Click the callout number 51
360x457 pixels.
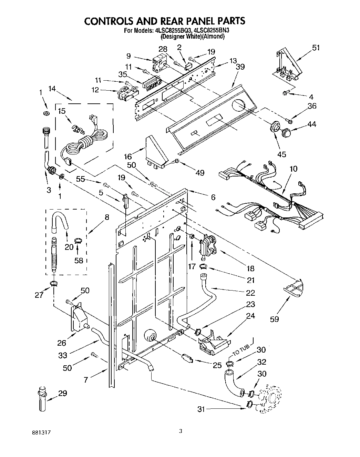pyautogui.click(x=316, y=48)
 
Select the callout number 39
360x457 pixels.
pyautogui.click(x=240, y=67)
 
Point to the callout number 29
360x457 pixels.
pyautogui.click(x=62, y=393)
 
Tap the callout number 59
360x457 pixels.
pyautogui.click(x=274, y=319)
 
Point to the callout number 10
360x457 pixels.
pyautogui.click(x=293, y=169)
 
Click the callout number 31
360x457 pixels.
pyautogui.click(x=201, y=409)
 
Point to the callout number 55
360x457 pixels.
pyautogui.click(x=80, y=180)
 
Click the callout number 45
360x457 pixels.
pyautogui.click(x=281, y=154)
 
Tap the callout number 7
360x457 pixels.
pyautogui.click(x=86, y=380)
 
